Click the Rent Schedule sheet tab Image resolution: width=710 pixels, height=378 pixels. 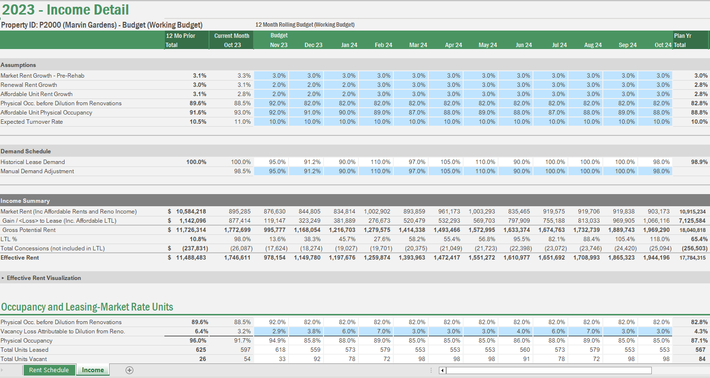[x=49, y=370]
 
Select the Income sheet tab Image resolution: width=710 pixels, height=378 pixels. [x=93, y=370]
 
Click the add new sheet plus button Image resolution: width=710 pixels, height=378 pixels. [x=129, y=370]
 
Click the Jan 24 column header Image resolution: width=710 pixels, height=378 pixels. [x=349, y=45]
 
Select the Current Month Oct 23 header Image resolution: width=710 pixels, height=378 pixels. [x=232, y=40]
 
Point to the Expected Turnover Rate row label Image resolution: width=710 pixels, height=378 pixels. [x=32, y=122]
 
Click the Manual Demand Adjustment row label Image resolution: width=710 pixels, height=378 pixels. [x=37, y=171]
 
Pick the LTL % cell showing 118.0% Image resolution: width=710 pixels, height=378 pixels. [x=660, y=239]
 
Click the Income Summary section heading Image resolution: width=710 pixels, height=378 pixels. [x=25, y=201]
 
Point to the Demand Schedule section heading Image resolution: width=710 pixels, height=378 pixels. [x=26, y=151]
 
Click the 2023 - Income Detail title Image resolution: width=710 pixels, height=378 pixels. [x=65, y=9]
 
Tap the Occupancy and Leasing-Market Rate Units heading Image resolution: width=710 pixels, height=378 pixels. [x=87, y=307]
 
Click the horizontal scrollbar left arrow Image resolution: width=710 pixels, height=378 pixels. [x=442, y=371]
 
